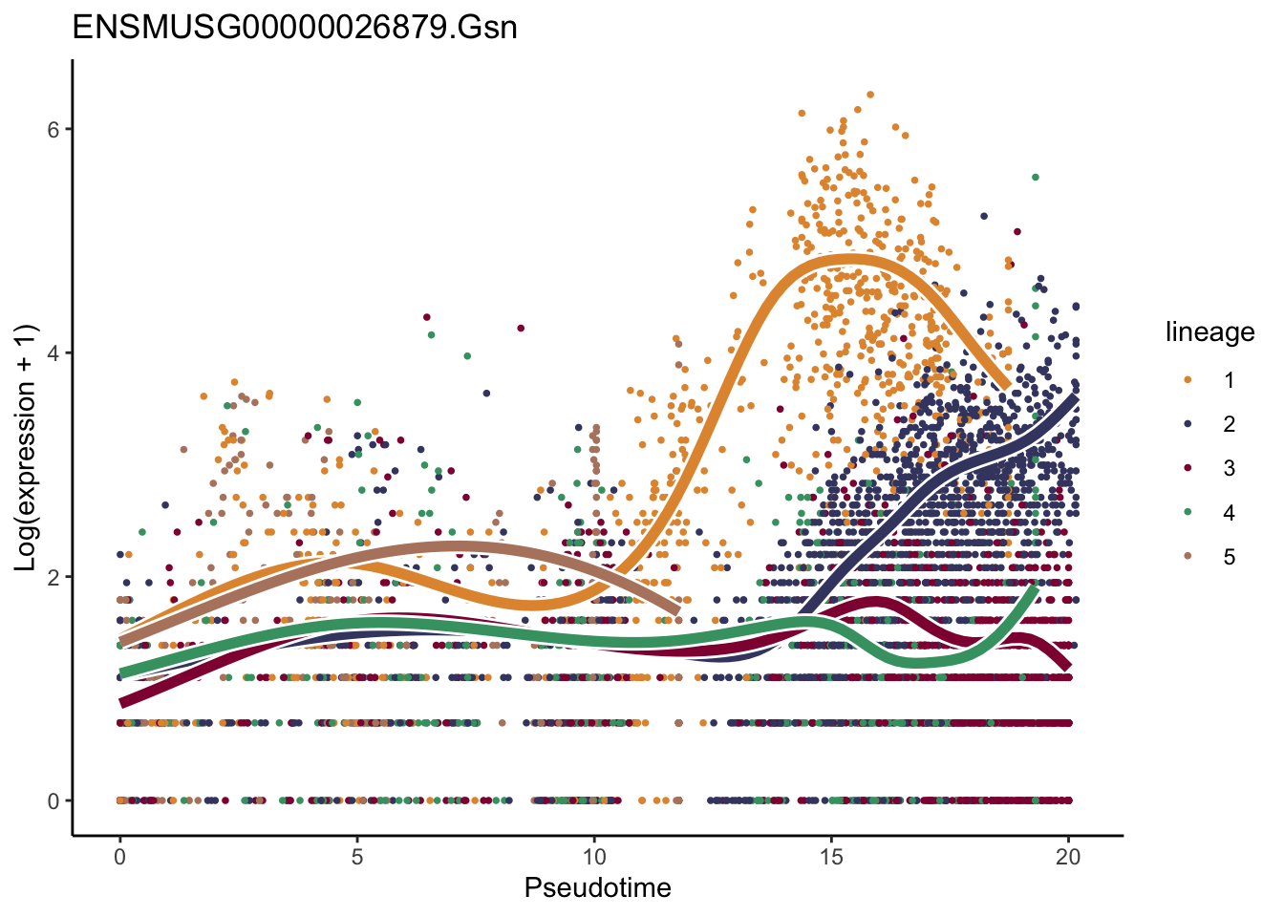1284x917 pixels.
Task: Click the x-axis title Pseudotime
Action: click(x=597, y=888)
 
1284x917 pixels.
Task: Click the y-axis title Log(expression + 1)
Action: click(x=25, y=448)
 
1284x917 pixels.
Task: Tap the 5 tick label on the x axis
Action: click(x=356, y=857)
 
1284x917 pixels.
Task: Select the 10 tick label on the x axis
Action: click(x=593, y=857)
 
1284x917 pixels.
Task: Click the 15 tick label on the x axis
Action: click(x=831, y=857)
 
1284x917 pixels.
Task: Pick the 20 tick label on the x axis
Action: click(x=1068, y=857)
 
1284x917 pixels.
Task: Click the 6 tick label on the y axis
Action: click(x=54, y=129)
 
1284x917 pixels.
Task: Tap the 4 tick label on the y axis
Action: click(x=54, y=353)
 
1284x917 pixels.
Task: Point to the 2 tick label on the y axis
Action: click(x=54, y=577)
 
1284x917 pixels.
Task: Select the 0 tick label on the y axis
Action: click(x=54, y=800)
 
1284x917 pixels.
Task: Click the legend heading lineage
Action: click(x=1209, y=332)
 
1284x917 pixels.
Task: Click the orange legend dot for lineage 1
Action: click(x=1188, y=380)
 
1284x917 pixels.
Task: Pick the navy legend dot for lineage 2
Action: click(x=1188, y=424)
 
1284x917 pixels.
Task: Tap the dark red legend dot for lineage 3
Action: click(x=1188, y=468)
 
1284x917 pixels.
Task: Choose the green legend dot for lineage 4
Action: click(x=1188, y=513)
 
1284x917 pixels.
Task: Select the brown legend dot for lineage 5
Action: click(x=1188, y=557)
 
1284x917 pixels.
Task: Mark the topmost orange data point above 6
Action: click(x=870, y=95)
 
